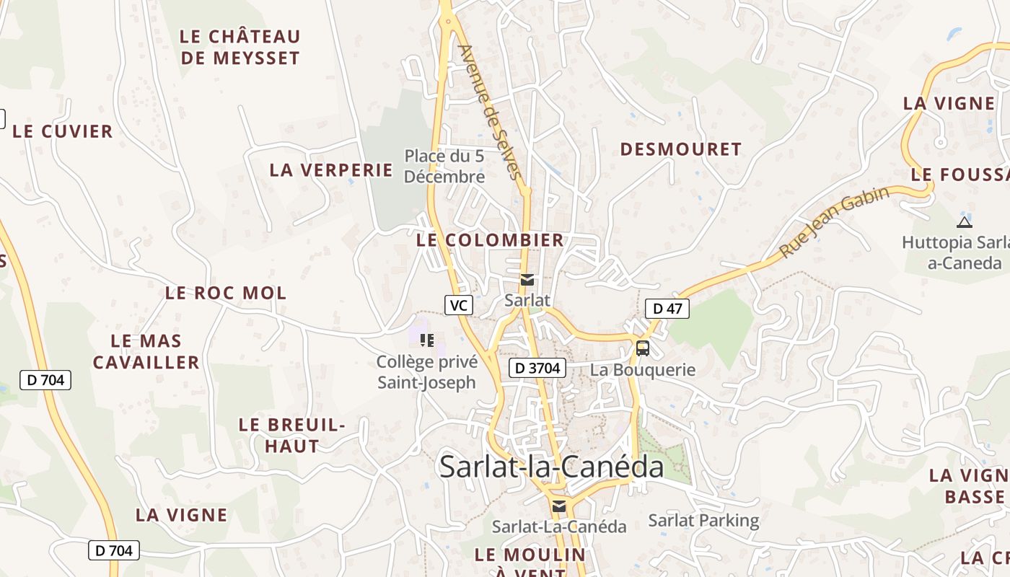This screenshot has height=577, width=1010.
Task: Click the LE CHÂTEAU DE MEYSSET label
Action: (240, 47)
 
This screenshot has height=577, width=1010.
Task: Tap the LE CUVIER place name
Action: (63, 131)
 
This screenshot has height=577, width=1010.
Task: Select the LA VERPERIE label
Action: (331, 170)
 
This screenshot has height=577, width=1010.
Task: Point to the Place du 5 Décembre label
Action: (444, 166)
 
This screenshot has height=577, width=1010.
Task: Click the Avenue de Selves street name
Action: (490, 112)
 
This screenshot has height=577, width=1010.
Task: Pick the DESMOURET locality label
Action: (681, 149)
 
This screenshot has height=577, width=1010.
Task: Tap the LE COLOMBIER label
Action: (490, 240)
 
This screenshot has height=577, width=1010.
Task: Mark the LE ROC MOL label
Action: (226, 293)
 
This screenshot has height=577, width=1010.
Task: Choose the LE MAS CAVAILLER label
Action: (146, 351)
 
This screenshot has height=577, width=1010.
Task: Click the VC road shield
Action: (458, 305)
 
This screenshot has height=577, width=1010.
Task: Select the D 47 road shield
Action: (667, 309)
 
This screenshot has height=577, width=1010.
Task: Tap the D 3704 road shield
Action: (537, 368)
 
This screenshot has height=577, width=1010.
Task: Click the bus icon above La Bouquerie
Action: (642, 348)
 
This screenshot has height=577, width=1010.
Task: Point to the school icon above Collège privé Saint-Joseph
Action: (426, 340)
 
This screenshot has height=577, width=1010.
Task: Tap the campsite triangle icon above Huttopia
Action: (964, 222)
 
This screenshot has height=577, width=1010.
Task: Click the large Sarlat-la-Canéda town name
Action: (551, 467)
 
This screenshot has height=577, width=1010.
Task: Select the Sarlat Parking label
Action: (703, 520)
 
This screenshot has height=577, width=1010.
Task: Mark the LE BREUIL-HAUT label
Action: (292, 435)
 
